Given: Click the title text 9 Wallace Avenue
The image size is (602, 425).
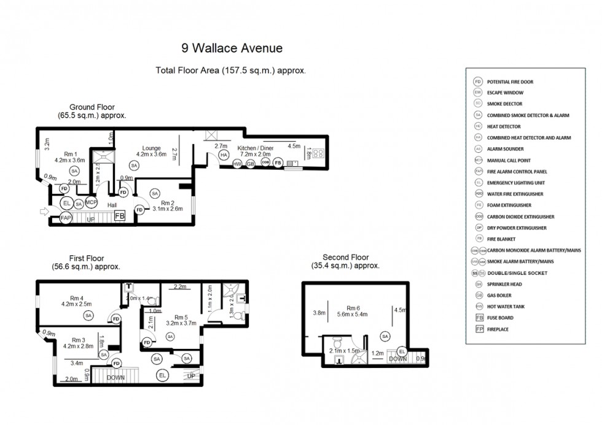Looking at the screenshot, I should click(232, 48).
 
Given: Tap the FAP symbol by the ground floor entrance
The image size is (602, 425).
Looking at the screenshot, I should click(66, 216).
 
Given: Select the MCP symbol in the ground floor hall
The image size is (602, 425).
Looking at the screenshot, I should click(92, 203).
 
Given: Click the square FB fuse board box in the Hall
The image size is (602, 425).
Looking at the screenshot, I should click(119, 215).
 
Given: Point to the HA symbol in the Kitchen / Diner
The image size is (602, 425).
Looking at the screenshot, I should click(224, 156).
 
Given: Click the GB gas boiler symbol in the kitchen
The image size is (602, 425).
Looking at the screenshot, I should click(250, 163).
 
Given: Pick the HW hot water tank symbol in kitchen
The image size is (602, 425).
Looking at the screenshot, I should click(238, 163).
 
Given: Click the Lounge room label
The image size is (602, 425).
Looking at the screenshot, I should click(151, 148).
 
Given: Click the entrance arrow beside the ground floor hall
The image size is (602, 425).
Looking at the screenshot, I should click(45, 212).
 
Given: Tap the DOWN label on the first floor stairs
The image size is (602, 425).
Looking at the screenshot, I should click(115, 378).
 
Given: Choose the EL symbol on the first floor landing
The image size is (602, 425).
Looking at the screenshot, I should click(163, 375).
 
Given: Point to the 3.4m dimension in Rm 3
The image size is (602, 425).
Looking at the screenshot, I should click(77, 363).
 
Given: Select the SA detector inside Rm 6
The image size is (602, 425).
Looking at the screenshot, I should click(385, 336).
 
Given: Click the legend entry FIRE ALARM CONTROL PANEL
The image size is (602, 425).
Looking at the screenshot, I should click(517, 171).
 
